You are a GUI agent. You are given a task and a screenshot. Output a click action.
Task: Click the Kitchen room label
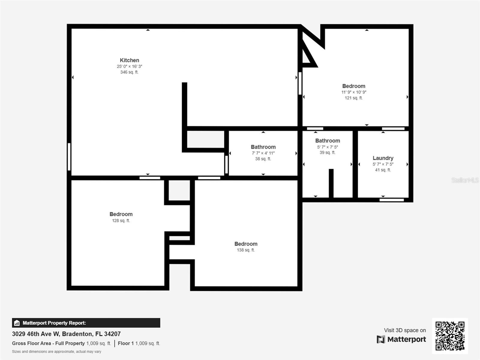coord(129,60)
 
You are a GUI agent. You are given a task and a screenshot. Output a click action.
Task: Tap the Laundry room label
coord(383,158)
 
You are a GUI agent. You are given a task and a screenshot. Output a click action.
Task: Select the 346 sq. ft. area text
coord(129,72)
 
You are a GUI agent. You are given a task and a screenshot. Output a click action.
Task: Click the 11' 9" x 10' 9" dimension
coord(354,92)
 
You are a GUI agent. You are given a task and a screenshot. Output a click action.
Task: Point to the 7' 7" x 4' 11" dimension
coord(263,153)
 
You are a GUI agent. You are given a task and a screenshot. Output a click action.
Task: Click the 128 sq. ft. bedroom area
coord(121,220)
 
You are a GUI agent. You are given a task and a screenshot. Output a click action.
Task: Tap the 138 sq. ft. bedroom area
coord(246,250)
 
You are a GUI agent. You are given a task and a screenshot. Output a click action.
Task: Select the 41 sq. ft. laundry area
coord(383,170)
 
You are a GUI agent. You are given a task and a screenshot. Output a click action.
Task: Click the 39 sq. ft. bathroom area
coord(327,153)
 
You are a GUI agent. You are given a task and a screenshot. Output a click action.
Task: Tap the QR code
coord(450,336)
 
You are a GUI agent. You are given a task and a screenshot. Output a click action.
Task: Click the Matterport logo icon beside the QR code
coord(381,340)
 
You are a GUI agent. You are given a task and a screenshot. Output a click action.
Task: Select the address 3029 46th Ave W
coord(36,334)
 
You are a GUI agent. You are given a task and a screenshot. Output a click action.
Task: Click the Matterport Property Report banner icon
coord(17,323)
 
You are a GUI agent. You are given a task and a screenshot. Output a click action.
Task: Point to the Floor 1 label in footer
coord(126,343)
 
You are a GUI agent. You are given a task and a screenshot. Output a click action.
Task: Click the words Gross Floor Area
coord(31,343)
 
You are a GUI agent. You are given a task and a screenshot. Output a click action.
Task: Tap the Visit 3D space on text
coord(405,330)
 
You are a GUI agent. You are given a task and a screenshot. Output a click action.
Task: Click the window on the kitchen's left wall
coord(69,157)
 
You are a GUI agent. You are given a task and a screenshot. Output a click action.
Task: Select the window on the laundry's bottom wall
coord(391,200)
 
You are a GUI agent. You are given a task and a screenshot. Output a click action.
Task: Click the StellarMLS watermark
coord(465,180)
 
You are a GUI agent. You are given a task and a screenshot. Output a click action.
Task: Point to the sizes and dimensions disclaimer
coord(57,352)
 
